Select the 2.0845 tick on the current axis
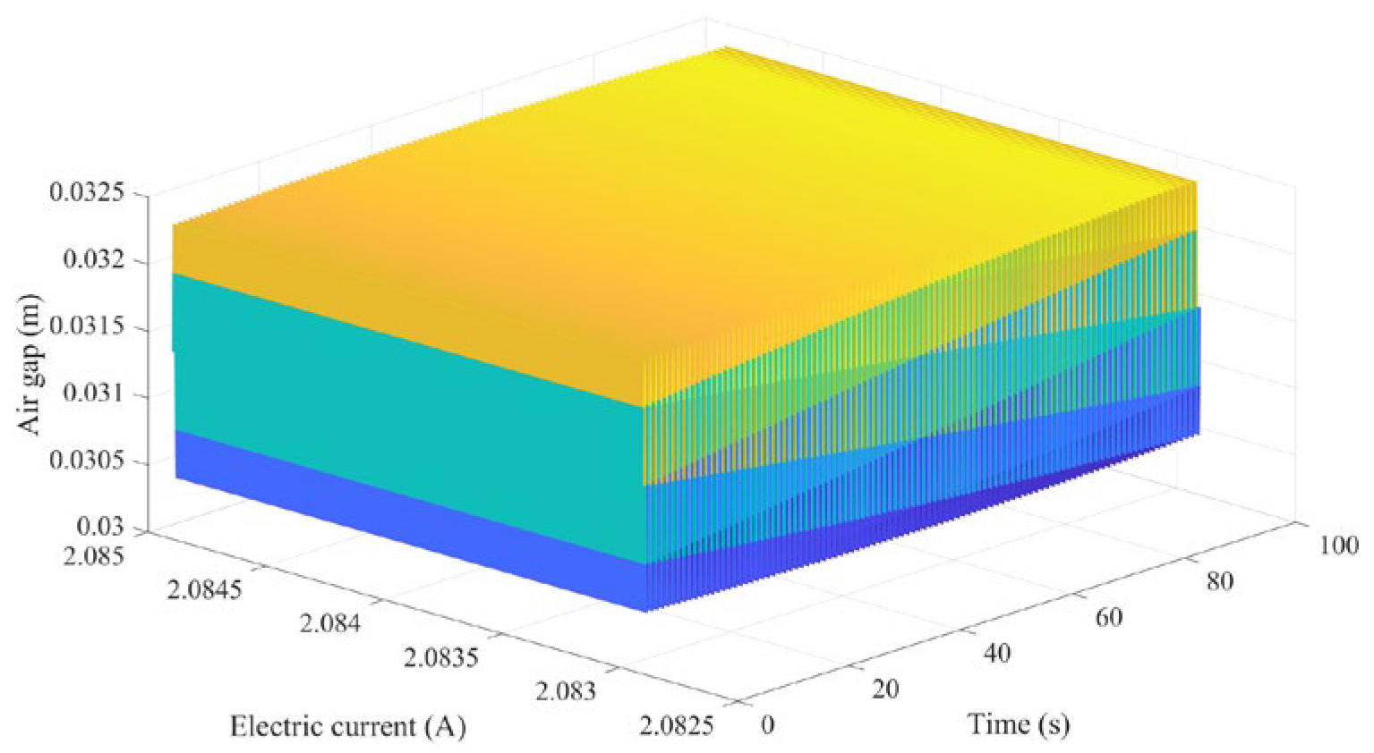point(204,589)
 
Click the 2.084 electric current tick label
point(330,622)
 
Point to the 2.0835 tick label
point(441,657)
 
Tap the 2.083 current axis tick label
point(566,691)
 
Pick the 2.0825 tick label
point(677,724)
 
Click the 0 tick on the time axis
point(767,724)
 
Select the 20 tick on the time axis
point(884,689)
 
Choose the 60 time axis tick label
point(1108,617)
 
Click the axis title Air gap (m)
point(30,364)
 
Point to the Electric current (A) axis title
point(348,726)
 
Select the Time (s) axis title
point(1019,723)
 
